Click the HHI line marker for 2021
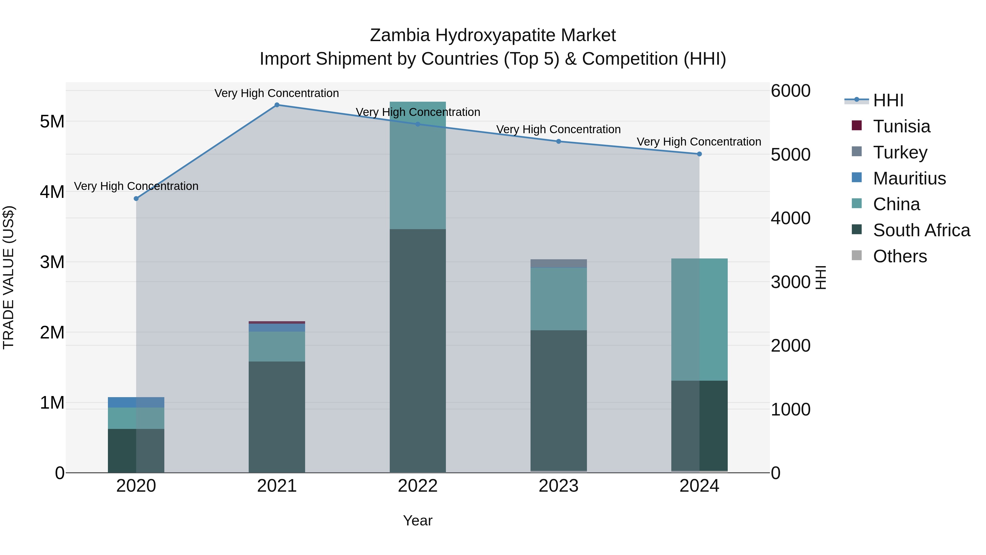277,105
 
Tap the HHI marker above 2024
699,154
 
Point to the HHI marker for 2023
558,141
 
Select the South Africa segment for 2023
558,400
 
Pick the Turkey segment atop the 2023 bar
558,263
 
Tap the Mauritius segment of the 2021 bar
277,328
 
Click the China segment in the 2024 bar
699,320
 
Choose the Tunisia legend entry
901,126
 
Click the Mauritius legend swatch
857,178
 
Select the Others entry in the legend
899,256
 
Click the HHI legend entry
888,100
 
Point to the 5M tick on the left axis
52,121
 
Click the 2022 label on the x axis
418,486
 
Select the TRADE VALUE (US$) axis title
8,277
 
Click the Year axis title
418,520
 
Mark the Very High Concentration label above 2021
277,93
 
